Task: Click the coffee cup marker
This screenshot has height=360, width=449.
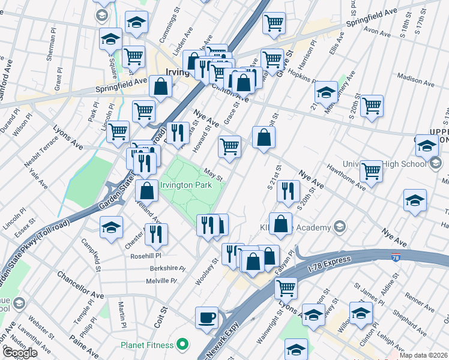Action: coord(207,317)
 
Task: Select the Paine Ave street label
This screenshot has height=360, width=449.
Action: coord(85,349)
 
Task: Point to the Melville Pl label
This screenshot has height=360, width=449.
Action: coord(161,281)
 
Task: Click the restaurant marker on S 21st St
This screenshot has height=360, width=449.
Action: coord(288,191)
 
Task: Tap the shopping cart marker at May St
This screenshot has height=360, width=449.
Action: coord(230,147)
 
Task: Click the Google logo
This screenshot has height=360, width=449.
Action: coord(20,353)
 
